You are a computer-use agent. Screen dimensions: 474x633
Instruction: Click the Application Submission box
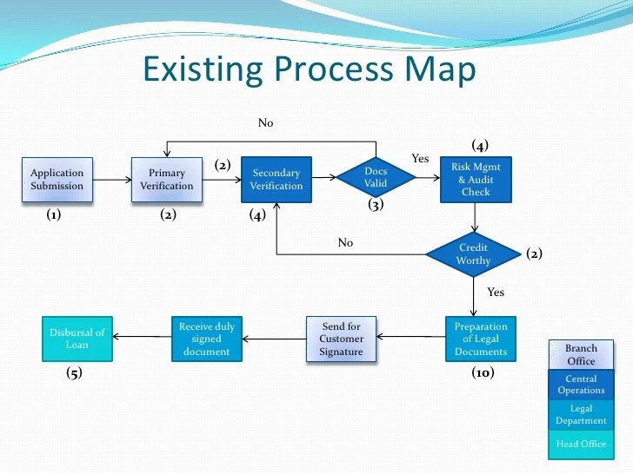[57, 179]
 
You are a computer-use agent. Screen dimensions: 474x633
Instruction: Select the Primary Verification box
[167, 179]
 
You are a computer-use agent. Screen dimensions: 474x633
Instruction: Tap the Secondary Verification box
[277, 179]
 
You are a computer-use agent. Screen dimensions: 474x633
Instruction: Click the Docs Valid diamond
[376, 177]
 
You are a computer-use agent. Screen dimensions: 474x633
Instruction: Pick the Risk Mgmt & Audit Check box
[476, 179]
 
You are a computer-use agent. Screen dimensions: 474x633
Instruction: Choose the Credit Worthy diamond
[474, 254]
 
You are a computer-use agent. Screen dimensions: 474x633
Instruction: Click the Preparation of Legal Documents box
[481, 339]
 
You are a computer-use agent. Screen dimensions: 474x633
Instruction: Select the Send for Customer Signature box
[341, 339]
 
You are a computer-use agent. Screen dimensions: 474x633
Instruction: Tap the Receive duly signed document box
[207, 339]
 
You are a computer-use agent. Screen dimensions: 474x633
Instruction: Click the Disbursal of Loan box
[77, 339]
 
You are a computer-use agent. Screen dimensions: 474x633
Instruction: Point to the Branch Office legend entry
[581, 354]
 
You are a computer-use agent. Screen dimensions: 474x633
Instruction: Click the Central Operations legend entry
[581, 385]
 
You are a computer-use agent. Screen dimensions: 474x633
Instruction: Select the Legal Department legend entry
[581, 414]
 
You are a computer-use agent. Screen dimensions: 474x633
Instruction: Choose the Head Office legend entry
[581, 444]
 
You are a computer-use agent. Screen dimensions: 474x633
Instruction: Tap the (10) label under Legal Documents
[483, 373]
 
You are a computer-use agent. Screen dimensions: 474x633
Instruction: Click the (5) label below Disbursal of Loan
[77, 373]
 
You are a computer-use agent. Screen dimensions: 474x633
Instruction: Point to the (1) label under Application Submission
[53, 216]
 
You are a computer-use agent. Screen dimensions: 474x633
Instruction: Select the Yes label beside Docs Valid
[421, 158]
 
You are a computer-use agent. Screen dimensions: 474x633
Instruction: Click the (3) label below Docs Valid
[376, 206]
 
